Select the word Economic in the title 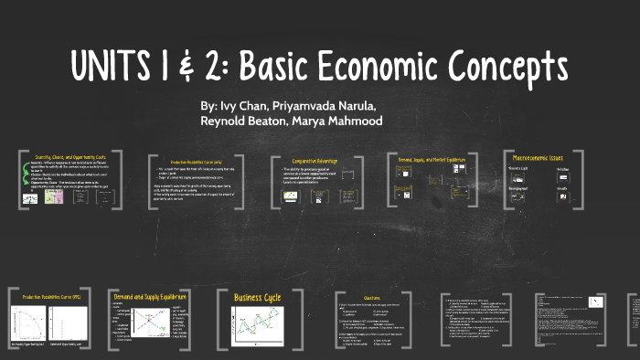(399, 67)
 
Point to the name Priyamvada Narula (332, 106)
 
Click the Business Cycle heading (259, 298)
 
